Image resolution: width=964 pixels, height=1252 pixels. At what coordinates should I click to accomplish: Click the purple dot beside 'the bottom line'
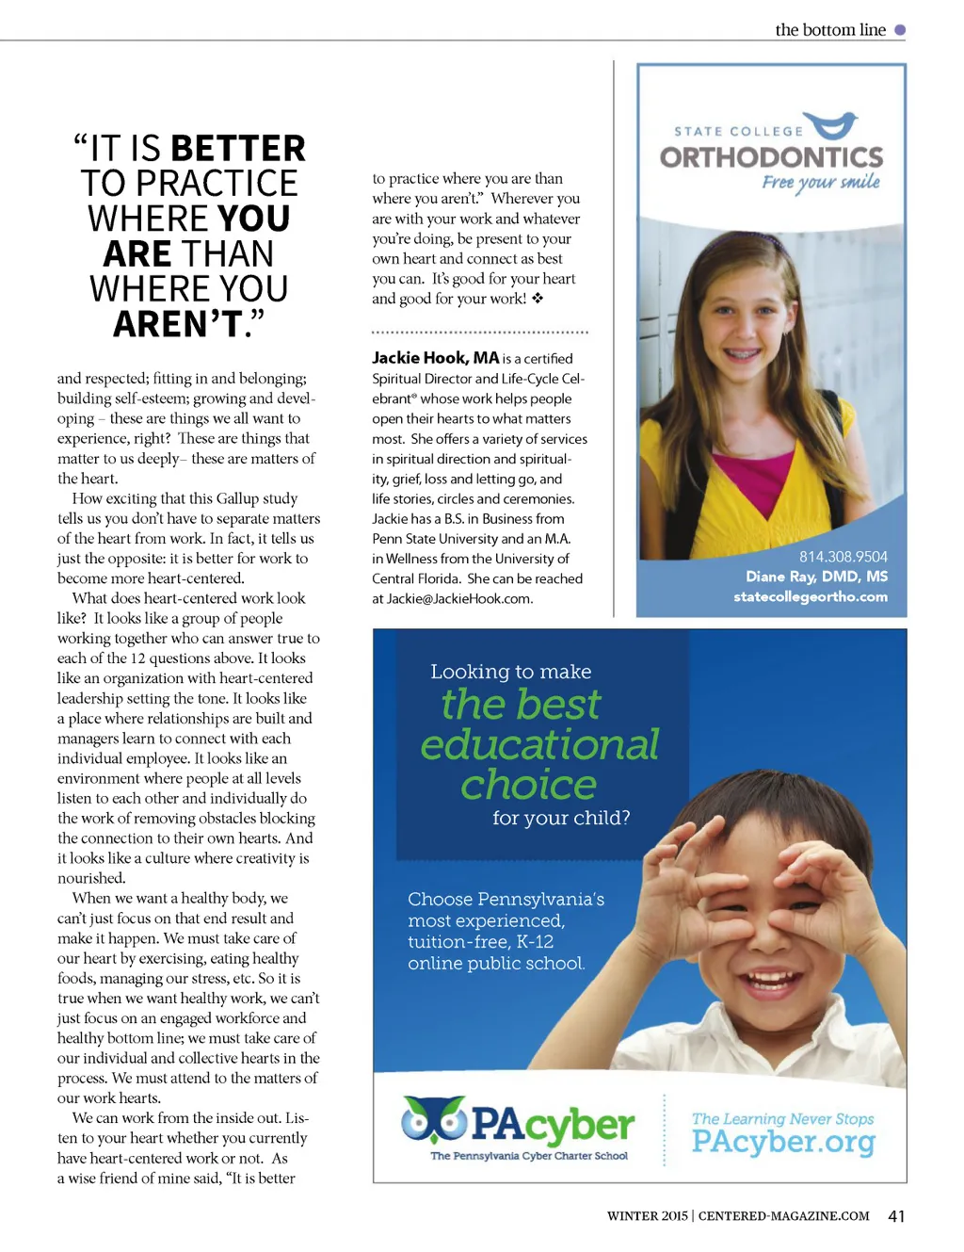[900, 30]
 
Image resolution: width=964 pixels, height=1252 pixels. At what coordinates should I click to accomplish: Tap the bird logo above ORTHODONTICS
[834, 124]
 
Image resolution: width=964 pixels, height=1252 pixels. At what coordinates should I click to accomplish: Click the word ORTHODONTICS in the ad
[771, 156]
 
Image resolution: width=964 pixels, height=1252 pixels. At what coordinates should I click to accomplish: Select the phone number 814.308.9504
[843, 557]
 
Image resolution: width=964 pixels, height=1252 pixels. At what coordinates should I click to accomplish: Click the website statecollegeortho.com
[810, 596]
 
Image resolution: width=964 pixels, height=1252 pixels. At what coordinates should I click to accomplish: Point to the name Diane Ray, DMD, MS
[816, 577]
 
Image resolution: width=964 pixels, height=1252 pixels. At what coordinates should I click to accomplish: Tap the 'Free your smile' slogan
[820, 182]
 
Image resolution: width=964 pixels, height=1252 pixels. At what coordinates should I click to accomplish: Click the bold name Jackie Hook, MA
[435, 358]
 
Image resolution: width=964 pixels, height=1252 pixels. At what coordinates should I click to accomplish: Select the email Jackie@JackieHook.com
[458, 598]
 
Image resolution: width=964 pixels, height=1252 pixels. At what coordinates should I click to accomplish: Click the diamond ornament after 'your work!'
[538, 299]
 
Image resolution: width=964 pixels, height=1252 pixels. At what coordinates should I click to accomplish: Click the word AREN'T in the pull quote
[178, 324]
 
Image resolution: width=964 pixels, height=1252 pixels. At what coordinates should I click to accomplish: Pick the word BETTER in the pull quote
[238, 149]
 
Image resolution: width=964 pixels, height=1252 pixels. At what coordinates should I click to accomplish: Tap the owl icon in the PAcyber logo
[434, 1118]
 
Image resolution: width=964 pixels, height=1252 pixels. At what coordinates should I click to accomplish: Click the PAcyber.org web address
[783, 1142]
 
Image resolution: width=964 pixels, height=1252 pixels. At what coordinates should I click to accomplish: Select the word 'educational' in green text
[539, 744]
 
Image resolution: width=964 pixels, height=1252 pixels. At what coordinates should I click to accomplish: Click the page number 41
[896, 1216]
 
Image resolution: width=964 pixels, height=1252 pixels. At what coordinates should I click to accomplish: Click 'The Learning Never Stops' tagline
[782, 1118]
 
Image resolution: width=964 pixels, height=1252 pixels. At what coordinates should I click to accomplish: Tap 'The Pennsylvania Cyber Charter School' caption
[529, 1156]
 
